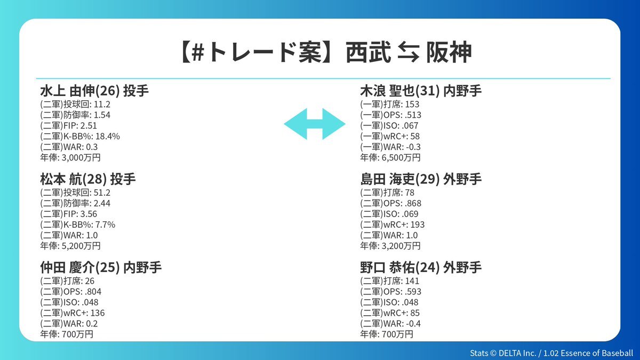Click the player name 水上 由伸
click(67, 91)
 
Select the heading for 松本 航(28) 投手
click(87, 179)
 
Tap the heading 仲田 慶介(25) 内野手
click(101, 267)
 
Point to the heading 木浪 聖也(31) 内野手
click(421, 91)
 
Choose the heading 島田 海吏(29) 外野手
click(421, 179)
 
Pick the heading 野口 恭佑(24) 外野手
click(421, 267)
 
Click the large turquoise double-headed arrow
click(315, 124)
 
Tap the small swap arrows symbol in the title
click(409, 52)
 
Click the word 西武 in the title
click(368, 52)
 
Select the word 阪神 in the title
click(449, 52)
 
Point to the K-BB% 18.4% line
click(80, 137)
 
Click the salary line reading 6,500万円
click(390, 157)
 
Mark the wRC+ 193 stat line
click(393, 225)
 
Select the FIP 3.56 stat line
click(69, 214)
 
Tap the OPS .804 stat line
click(70, 292)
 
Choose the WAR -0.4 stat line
click(390, 324)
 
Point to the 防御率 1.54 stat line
click(75, 115)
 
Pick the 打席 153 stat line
click(390, 105)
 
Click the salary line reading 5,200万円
click(70, 246)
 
